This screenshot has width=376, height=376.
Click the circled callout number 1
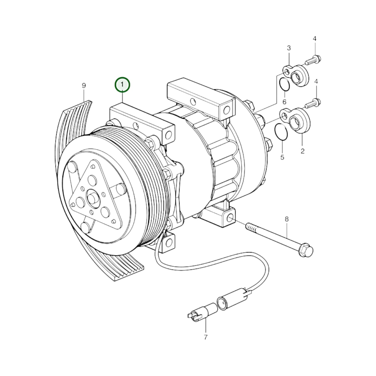pos(122,85)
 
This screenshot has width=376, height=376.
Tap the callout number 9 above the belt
pos(84,86)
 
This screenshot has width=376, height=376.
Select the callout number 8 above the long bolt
pos(286,219)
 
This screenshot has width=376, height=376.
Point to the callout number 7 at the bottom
pos(206,337)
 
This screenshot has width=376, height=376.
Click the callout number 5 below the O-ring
pos(282,157)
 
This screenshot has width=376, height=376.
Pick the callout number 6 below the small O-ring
pos(284,102)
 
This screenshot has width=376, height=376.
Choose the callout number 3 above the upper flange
pos(289,48)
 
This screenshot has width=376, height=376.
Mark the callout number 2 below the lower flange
pos(302,151)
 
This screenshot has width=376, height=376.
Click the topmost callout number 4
pos(315,39)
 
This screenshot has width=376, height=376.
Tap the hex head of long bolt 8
pos(306,250)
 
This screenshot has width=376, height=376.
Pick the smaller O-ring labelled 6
pos(284,84)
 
